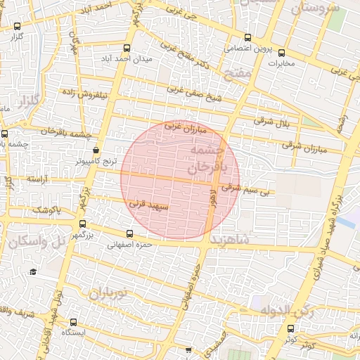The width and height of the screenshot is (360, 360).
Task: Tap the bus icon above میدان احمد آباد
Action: (127, 49)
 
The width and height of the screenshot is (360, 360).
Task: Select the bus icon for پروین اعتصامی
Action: (247, 38)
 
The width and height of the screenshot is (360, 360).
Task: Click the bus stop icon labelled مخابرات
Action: (281, 52)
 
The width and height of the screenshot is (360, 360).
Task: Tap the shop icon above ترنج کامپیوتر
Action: (96, 150)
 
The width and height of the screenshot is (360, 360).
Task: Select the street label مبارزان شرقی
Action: (306, 148)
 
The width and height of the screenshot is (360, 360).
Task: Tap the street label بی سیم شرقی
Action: (241, 188)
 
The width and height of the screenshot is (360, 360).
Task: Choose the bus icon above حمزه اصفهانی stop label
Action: (129, 234)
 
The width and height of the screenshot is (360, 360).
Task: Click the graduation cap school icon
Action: (32, 271)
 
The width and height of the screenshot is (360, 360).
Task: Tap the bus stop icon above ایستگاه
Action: (72, 321)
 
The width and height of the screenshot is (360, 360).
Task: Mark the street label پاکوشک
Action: (48, 210)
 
